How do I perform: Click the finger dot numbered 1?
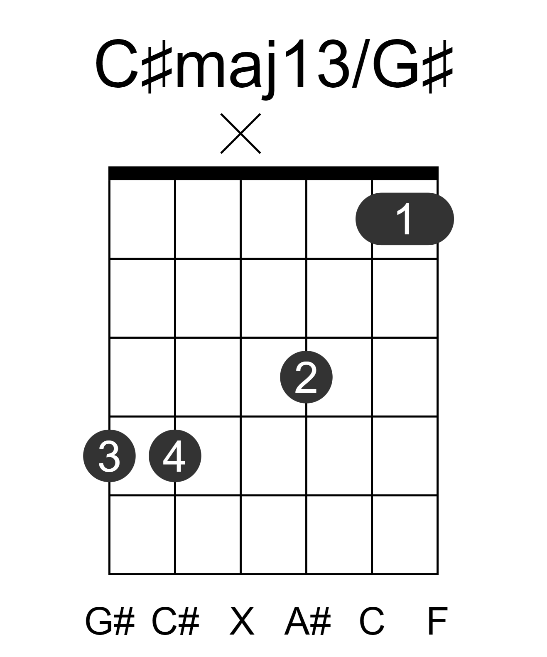[x=404, y=219]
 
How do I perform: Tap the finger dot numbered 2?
[x=306, y=377]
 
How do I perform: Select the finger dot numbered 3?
[x=109, y=455]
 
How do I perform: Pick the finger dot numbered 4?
[x=175, y=455]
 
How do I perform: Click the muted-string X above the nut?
[x=240, y=133]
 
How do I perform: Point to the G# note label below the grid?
[x=110, y=621]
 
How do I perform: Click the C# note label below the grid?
[x=176, y=621]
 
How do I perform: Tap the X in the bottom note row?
[x=242, y=621]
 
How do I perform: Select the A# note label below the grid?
[x=307, y=621]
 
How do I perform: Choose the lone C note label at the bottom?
[x=371, y=621]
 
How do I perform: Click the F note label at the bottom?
[x=437, y=621]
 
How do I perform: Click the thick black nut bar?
[x=273, y=173]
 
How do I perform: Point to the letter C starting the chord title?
[x=117, y=64]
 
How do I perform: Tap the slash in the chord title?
[x=361, y=64]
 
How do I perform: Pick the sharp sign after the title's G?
[x=438, y=67]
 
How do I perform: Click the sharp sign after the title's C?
[x=157, y=67]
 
